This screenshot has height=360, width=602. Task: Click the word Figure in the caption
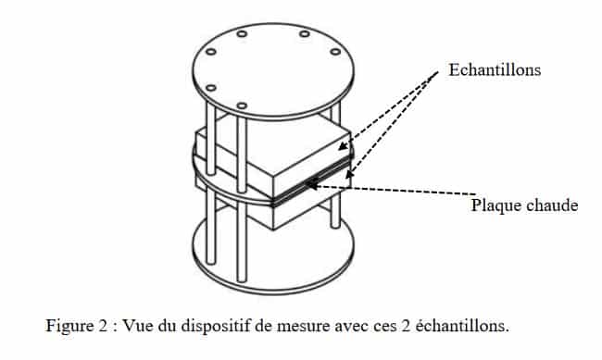(x=68, y=326)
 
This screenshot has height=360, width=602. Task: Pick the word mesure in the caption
(x=295, y=326)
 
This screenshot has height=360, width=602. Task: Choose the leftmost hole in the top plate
(x=209, y=55)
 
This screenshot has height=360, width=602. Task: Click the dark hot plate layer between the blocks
(x=306, y=189)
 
